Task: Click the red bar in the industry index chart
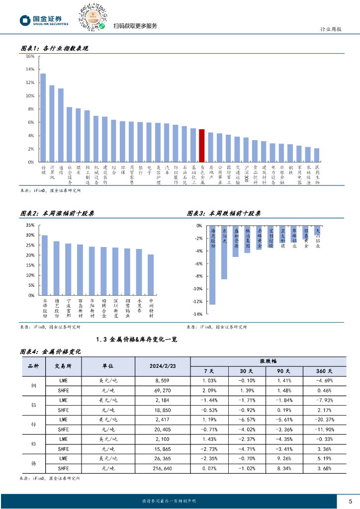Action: [201, 145]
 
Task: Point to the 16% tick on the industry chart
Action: [30, 56]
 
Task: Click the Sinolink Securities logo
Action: [44, 20]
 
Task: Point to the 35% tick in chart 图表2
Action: [30, 225]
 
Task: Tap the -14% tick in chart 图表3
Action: [198, 314]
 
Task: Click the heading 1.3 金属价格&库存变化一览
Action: [136, 339]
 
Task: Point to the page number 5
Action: [350, 501]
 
